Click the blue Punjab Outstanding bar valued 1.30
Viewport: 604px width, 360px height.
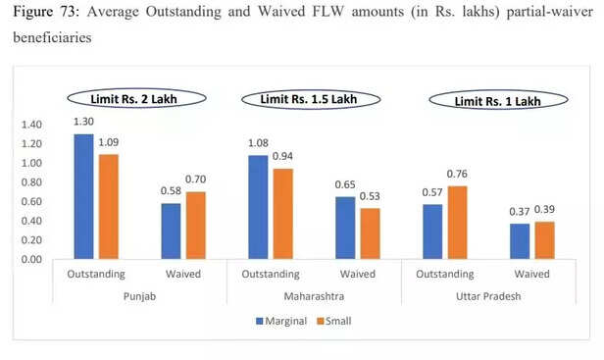[83, 196]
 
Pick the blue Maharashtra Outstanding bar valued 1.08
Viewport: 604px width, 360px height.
[259, 207]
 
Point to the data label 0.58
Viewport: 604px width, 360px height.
[171, 193]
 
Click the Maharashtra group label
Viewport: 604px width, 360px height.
[313, 295]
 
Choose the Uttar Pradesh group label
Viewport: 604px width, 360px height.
[487, 295]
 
